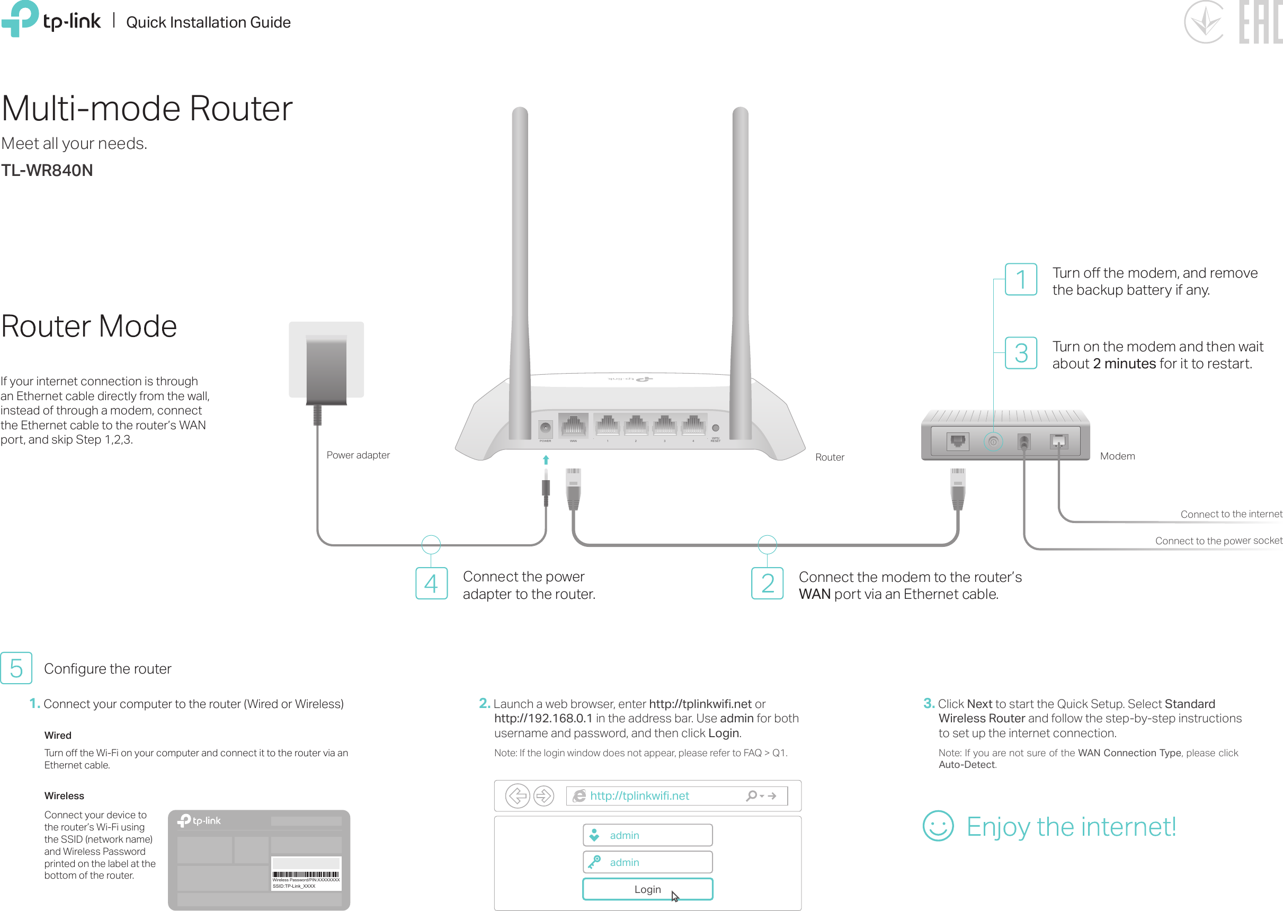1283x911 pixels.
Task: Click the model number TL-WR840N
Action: pos(47,171)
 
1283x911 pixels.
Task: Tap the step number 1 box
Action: pos(1021,279)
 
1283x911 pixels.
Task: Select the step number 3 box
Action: pos(1021,353)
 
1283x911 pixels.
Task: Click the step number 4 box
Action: pos(431,583)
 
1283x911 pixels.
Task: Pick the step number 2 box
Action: pos(767,583)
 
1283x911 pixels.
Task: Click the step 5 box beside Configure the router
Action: pos(16,668)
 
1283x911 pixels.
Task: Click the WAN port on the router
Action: pos(573,426)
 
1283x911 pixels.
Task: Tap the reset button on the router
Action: pos(716,428)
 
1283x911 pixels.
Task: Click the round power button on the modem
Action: pos(993,442)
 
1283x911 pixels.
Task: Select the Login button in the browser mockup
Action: pos(648,889)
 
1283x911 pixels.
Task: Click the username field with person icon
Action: pos(648,835)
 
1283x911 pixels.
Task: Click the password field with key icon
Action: pos(648,862)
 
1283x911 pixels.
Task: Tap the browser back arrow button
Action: pos(517,795)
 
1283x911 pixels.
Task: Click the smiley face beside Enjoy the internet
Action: pos(938,826)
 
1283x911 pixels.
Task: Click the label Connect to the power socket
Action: pos(1218,541)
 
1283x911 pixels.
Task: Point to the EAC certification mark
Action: pos(1260,22)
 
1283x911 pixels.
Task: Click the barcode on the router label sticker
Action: pos(306,874)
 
